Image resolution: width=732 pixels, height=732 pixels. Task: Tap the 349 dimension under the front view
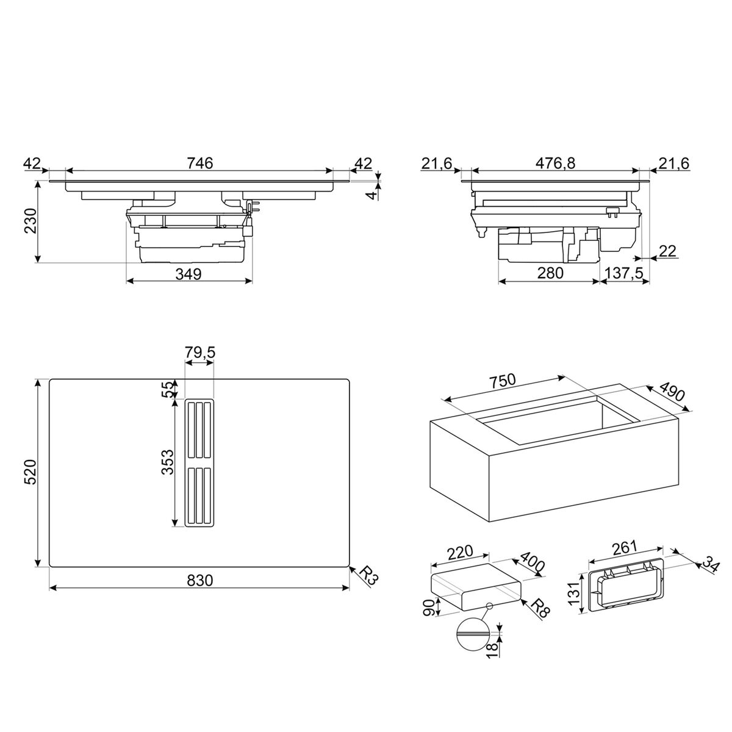188,274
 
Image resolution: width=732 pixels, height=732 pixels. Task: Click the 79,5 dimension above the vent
199,353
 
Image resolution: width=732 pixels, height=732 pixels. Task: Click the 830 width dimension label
199,581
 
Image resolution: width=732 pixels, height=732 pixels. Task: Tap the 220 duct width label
460,552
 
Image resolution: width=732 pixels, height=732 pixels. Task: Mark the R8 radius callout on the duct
537,608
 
